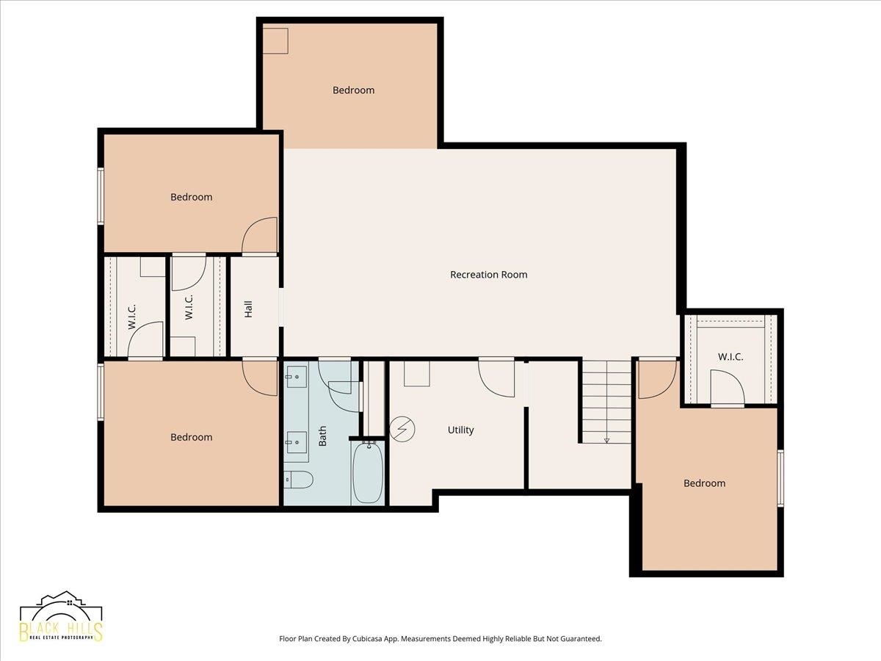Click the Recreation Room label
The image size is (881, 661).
pyautogui.click(x=488, y=275)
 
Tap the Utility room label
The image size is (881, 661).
pyautogui.click(x=461, y=430)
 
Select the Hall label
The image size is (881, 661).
pyautogui.click(x=248, y=309)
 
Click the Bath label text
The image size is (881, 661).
pyautogui.click(x=322, y=436)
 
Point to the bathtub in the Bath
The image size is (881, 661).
pyautogui.click(x=368, y=472)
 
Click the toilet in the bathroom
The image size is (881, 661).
pyautogui.click(x=298, y=480)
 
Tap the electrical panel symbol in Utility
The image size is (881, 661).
pyautogui.click(x=402, y=429)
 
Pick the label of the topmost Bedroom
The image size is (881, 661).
pyautogui.click(x=354, y=90)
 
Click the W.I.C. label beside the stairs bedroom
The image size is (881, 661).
pyautogui.click(x=730, y=356)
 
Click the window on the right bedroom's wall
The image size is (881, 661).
pyautogui.click(x=780, y=478)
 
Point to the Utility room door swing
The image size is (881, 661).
pyautogui.click(x=496, y=379)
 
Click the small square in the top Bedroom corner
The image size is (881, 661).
pyautogui.click(x=275, y=40)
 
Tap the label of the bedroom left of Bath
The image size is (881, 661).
pyautogui.click(x=192, y=437)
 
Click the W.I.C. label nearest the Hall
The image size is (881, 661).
pyautogui.click(x=189, y=307)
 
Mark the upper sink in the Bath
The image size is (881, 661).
pyautogui.click(x=296, y=377)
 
